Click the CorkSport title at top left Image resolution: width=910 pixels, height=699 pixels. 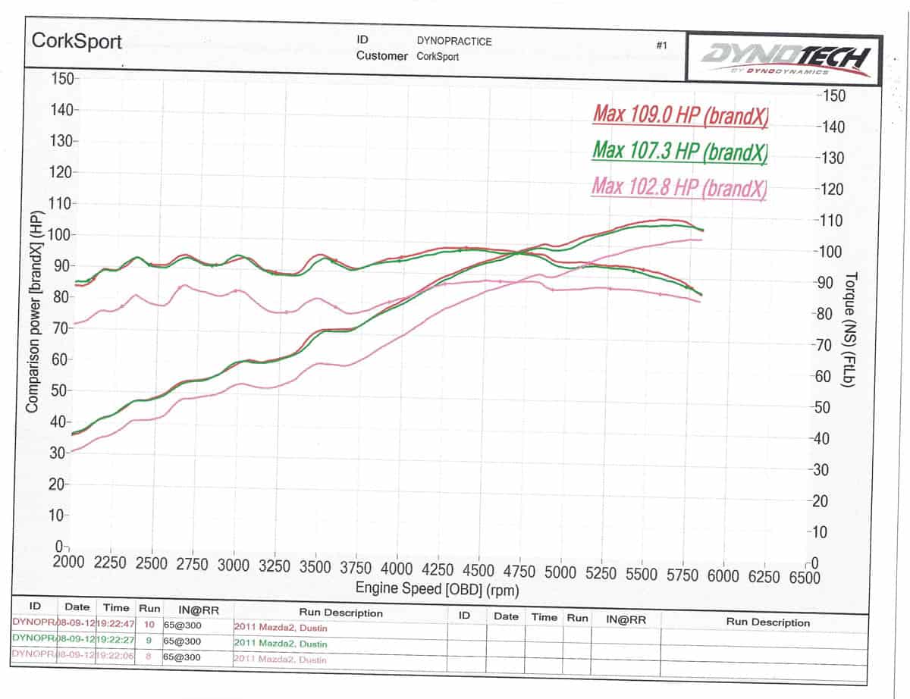point(77,42)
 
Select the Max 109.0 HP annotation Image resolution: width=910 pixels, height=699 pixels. point(680,114)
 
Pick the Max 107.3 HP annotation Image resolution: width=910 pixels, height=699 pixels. point(679,150)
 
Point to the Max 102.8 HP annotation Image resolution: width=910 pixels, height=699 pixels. point(679,186)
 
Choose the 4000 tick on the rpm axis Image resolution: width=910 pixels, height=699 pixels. point(397,569)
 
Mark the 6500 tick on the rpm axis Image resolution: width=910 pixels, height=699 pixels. point(805,577)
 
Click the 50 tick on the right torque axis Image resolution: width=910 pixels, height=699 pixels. point(832,408)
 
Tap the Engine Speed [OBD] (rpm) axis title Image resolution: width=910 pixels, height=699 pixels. point(438,589)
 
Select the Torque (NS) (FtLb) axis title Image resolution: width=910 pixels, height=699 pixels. point(849,329)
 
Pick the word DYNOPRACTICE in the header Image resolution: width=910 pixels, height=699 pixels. point(454,42)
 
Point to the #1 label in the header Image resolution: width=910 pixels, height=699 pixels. point(661,45)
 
